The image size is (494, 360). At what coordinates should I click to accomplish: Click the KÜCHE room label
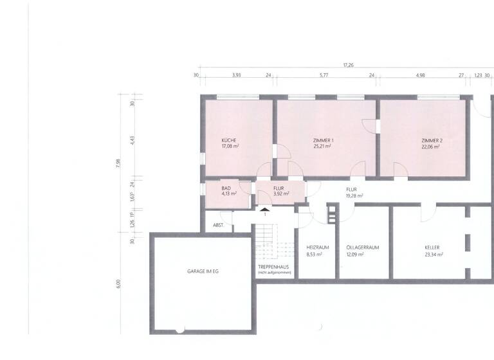click(230, 140)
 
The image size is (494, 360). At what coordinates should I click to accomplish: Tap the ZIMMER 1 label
click(323, 140)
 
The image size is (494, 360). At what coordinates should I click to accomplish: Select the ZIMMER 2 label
click(432, 140)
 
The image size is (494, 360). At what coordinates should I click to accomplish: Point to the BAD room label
click(226, 187)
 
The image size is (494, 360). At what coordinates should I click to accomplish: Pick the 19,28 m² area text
click(354, 195)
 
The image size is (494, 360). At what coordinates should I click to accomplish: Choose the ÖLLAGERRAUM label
click(363, 248)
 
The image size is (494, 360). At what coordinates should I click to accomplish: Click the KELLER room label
click(433, 248)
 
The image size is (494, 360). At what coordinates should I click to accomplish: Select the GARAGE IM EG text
click(203, 271)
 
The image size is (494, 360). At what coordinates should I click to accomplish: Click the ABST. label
click(217, 226)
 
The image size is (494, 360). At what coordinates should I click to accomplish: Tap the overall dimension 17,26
click(349, 65)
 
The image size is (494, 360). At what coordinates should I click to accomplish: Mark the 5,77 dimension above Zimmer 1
click(324, 75)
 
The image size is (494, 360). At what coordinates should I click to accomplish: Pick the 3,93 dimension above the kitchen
click(236, 75)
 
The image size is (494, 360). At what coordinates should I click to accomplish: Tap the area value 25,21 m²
click(323, 147)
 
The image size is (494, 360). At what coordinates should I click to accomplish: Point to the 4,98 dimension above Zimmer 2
click(421, 75)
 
